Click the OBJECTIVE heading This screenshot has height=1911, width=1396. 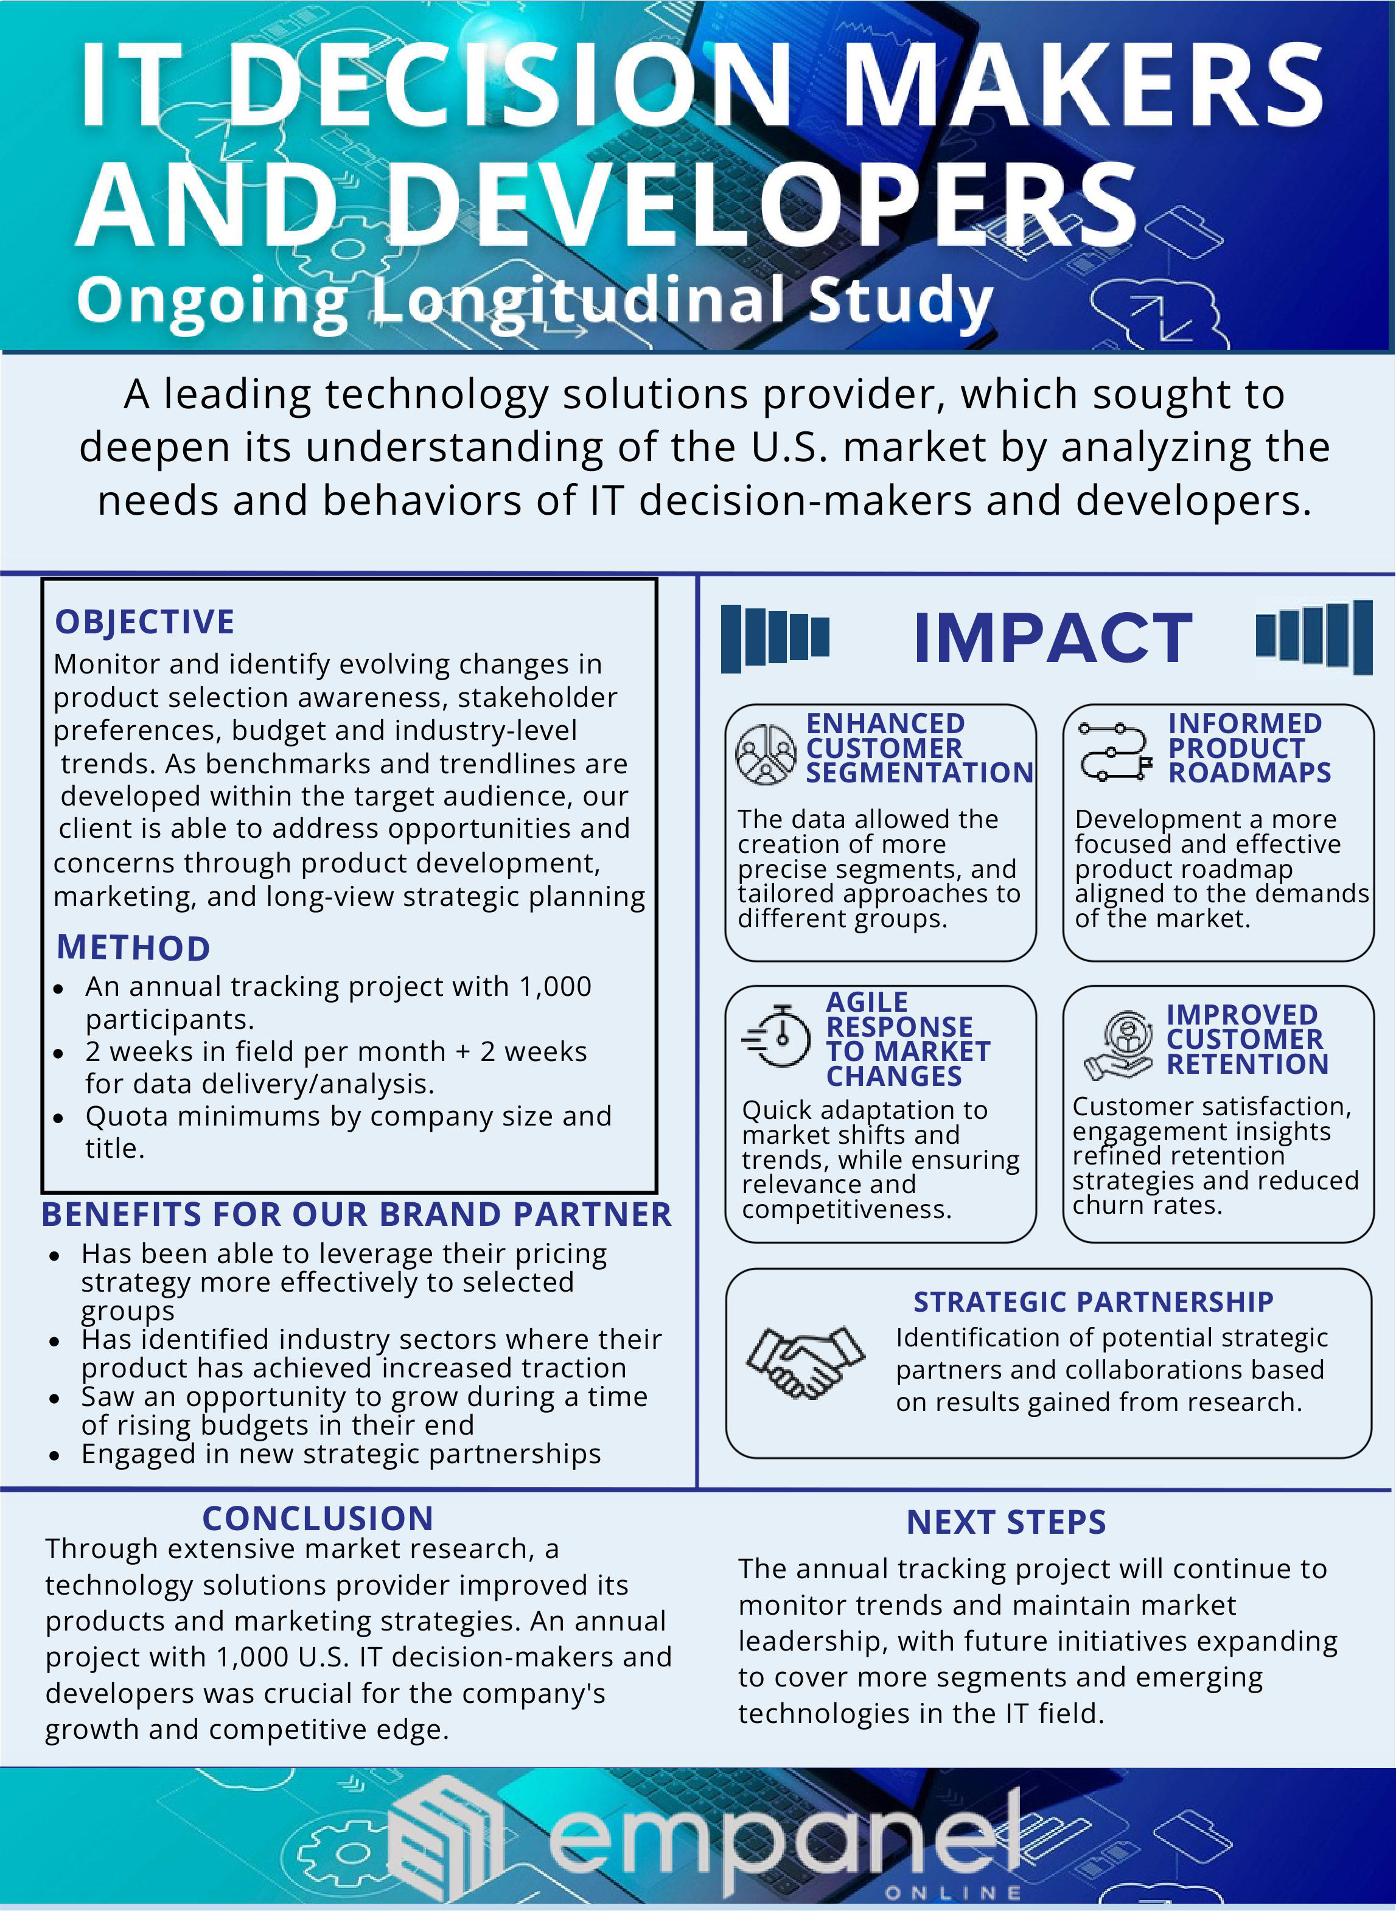(144, 622)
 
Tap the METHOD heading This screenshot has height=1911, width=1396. (133, 948)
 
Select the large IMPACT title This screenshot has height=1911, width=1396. (1052, 639)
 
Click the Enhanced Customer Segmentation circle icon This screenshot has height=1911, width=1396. (766, 754)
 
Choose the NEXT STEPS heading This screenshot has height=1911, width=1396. (1005, 1522)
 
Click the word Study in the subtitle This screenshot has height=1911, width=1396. (900, 300)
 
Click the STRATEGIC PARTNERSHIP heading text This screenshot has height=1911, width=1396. (1092, 1302)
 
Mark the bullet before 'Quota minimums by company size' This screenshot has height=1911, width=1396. (58, 1118)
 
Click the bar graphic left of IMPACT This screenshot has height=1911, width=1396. (775, 638)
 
